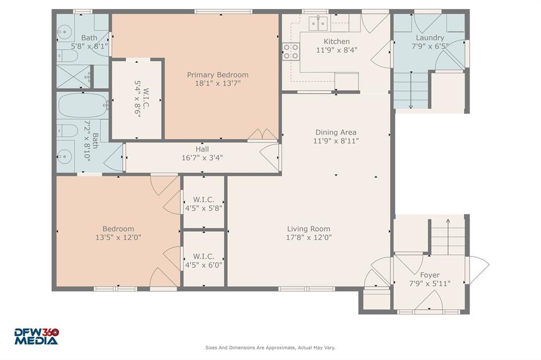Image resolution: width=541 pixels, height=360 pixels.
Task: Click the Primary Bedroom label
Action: pos(217,75)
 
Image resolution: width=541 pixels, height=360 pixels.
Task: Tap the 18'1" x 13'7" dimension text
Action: pos(217,83)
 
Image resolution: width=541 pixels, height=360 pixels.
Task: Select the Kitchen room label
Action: pos(337,42)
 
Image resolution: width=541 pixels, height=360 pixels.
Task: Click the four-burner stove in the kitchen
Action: pos(291,51)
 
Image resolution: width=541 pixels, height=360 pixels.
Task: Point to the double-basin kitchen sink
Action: pos(319,23)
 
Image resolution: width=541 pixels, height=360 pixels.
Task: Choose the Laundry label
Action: pos(430,37)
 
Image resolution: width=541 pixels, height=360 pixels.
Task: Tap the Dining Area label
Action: pos(335,132)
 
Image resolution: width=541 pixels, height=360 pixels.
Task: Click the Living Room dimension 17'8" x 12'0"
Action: pos(309,238)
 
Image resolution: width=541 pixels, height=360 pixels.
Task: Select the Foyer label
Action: pos(430,275)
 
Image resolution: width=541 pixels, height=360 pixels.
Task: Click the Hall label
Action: pos(202,149)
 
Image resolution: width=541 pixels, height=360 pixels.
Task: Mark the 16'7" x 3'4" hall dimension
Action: pos(202,157)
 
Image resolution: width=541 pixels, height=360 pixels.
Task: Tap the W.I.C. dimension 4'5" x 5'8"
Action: pos(203,208)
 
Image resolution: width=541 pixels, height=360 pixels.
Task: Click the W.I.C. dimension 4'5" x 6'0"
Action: pos(203,265)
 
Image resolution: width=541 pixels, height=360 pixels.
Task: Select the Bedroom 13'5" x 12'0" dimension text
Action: pos(118,238)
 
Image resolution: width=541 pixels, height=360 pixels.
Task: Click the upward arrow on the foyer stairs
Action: pos(448,222)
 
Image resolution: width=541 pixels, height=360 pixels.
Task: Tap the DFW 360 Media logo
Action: pos(36,336)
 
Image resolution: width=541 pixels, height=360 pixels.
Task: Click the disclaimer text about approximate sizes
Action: pos(270,348)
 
